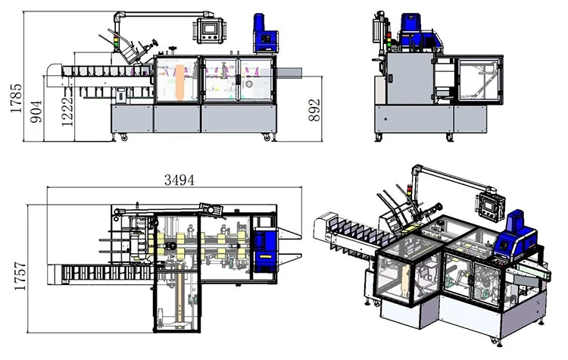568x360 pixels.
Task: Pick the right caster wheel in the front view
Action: pos(266,137)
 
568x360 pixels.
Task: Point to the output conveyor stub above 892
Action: pos(291,73)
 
